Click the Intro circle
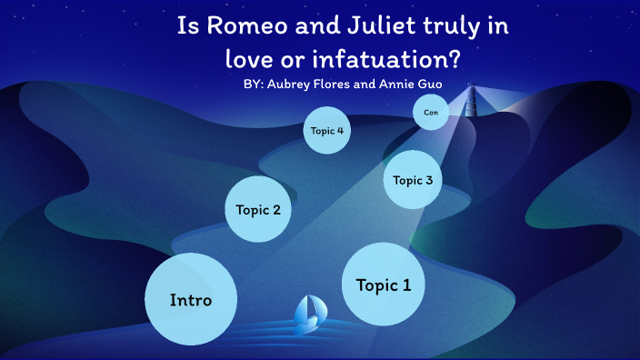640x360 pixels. coord(191,300)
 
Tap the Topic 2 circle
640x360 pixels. coord(258,210)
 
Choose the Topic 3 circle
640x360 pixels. coord(413,179)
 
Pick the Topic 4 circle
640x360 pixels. coord(327,131)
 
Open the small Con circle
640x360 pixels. coord(431,113)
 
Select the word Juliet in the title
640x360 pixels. coord(373,27)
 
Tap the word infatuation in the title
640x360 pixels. coord(350,60)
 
